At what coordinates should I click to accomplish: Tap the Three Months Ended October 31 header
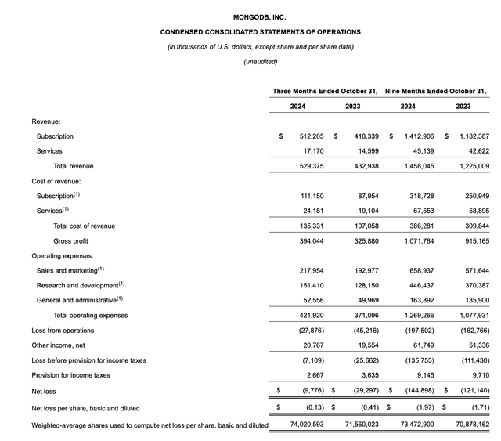[325, 92]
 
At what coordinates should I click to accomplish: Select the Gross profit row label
[71, 240]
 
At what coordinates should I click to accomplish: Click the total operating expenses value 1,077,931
[472, 315]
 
